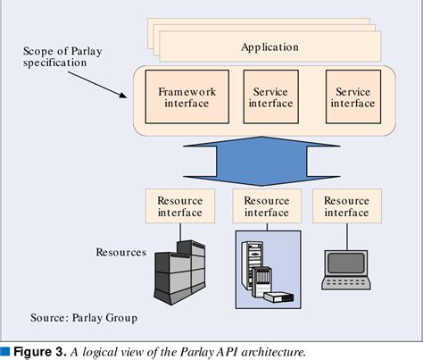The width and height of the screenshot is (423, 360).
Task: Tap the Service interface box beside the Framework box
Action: pos(270,97)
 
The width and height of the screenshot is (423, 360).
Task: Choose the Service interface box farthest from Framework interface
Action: pos(353,97)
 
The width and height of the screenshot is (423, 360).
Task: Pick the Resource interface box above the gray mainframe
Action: pos(180,206)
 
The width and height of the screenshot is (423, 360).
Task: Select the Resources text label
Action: pos(120,252)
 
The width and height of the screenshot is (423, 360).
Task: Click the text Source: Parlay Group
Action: pos(84,318)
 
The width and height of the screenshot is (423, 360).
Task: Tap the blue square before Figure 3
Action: pos(6,350)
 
